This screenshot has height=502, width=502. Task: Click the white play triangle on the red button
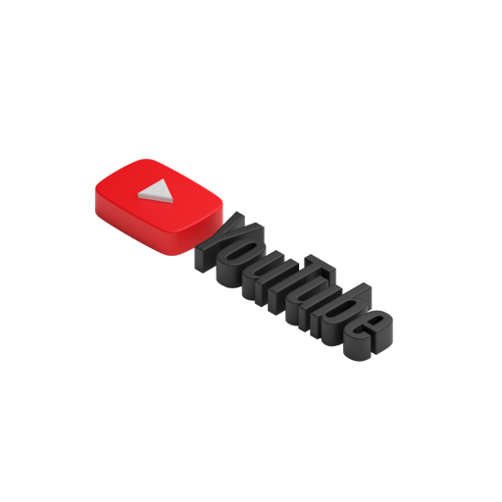click(156, 191)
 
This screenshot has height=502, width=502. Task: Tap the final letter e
click(368, 335)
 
